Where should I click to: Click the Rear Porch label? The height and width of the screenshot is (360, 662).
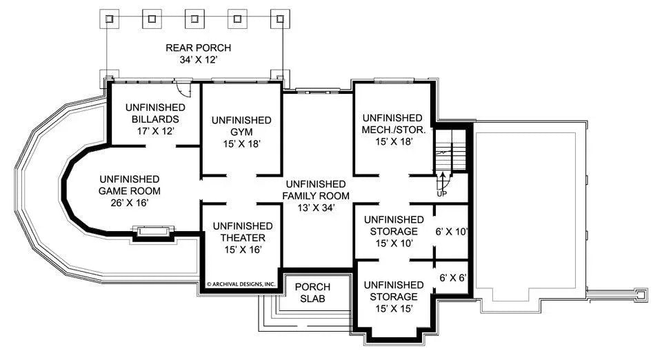pos(198,48)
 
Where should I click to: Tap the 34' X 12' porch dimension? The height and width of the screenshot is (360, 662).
pos(198,61)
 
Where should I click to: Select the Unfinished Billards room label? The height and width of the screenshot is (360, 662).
pos(154,114)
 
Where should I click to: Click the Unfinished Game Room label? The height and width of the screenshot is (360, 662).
pos(130,185)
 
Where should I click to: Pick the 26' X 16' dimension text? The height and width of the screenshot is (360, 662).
pos(130,203)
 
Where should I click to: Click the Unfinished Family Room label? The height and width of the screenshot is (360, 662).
pos(315,190)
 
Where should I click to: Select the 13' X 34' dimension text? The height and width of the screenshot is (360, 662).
pos(315,208)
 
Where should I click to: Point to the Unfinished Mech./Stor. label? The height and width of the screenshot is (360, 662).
pos(392,123)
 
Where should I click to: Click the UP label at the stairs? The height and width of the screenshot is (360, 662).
pos(442,194)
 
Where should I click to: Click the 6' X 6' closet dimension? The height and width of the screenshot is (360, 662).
pos(453,279)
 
